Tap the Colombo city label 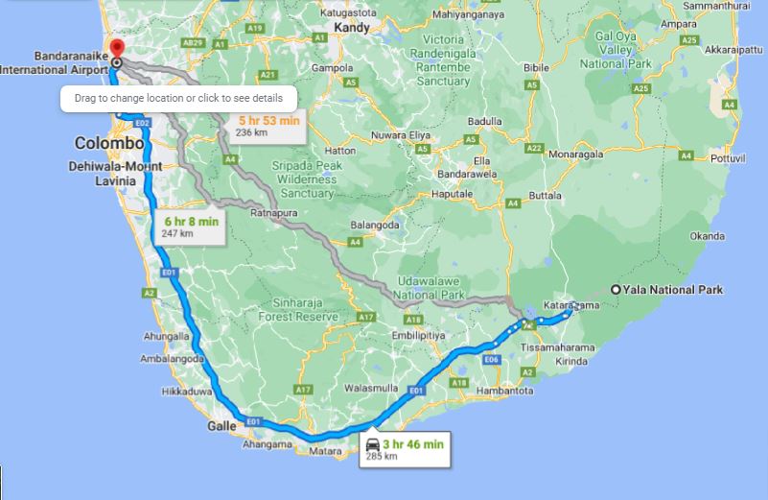[x=109, y=144]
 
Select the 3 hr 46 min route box [x=404, y=448]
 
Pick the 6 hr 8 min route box [x=191, y=226]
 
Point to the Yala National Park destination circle [x=616, y=289]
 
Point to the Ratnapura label [x=275, y=213]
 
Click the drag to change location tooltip [x=178, y=98]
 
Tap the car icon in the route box [x=372, y=443]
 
